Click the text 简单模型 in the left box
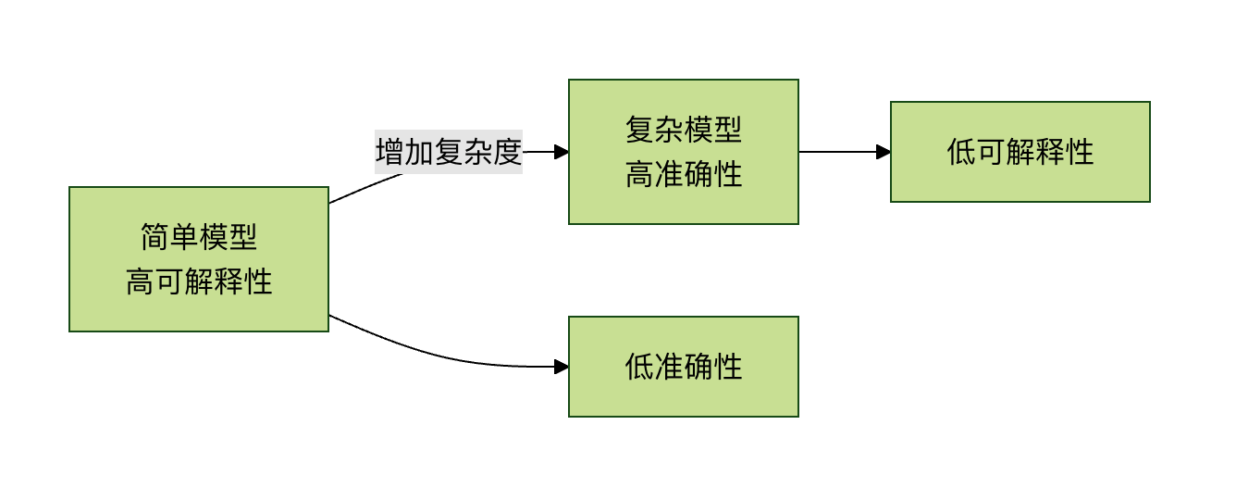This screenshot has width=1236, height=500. [x=199, y=238]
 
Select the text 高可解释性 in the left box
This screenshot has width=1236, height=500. [x=199, y=281]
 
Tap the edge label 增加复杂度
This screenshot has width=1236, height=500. [x=449, y=152]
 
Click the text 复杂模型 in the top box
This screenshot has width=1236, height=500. [x=684, y=130]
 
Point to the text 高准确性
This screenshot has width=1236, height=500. [x=684, y=174]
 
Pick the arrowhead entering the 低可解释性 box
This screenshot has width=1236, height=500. [x=884, y=152]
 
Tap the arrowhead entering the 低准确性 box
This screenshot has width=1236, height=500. [x=562, y=367]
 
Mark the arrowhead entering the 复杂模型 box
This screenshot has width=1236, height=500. [x=562, y=152]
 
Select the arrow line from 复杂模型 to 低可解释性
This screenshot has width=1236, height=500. [x=837, y=152]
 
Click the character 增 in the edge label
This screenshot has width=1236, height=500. [x=389, y=152]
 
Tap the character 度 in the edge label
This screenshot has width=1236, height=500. [x=508, y=152]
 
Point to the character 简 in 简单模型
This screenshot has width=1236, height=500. [x=155, y=238]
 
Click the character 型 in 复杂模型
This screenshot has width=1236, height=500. [x=728, y=130]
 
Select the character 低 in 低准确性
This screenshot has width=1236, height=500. [x=639, y=367]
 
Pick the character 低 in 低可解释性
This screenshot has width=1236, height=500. [x=961, y=152]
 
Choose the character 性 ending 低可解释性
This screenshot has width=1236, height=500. [x=1080, y=152]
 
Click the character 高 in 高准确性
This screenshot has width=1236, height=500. [x=639, y=174]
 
